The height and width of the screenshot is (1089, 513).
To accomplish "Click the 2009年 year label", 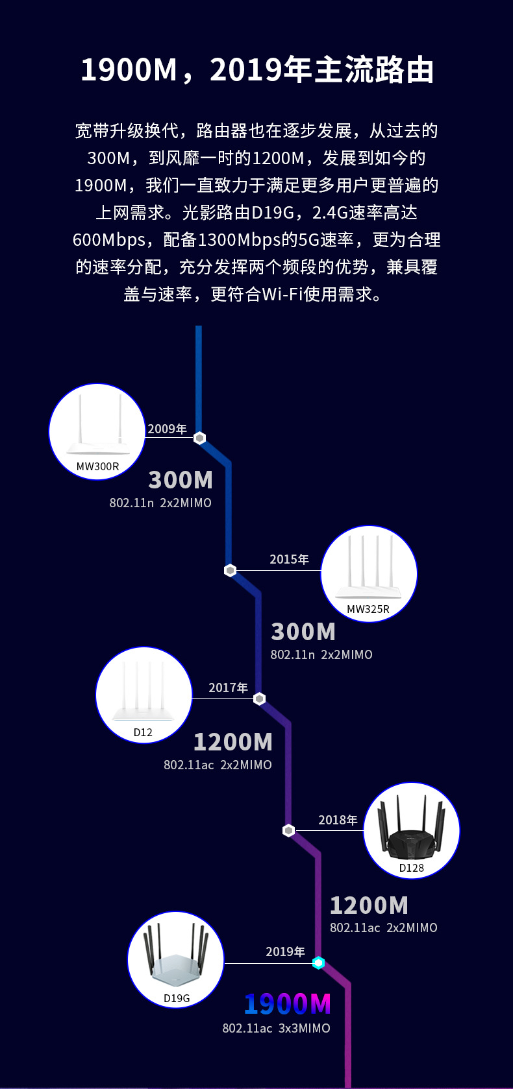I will click(x=167, y=429).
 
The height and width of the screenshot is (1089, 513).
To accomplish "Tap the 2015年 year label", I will click(x=289, y=559).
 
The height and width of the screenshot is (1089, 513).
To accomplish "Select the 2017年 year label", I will click(x=228, y=688).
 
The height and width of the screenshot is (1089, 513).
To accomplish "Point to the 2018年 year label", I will click(x=338, y=820).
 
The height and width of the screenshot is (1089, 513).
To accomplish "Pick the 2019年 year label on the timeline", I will click(x=285, y=951).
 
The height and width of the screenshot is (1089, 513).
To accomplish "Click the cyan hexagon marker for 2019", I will click(x=318, y=963).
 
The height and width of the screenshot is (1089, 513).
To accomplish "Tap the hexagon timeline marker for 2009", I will click(x=200, y=438).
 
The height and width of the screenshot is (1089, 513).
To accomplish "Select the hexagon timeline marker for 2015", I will click(x=230, y=570).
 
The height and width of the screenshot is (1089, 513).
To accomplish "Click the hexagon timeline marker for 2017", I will click(x=259, y=699).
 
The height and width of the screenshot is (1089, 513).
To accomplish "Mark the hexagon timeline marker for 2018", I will click(x=289, y=830).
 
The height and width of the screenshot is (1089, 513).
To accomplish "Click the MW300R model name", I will click(x=97, y=466).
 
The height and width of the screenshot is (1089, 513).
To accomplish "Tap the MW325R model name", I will click(x=368, y=609).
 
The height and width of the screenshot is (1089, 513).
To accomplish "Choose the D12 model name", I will click(x=143, y=732).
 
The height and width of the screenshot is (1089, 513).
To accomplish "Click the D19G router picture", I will click(x=175, y=958).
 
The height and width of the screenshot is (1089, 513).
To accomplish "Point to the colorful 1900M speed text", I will click(x=288, y=1004).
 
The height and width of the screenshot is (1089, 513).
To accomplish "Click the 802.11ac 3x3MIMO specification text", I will click(x=276, y=1028).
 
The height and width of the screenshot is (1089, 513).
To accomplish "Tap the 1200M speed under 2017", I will click(x=232, y=742).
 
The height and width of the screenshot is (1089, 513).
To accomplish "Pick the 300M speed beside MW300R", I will click(x=181, y=480).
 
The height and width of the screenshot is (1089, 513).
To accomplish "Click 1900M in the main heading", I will click(x=129, y=70).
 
